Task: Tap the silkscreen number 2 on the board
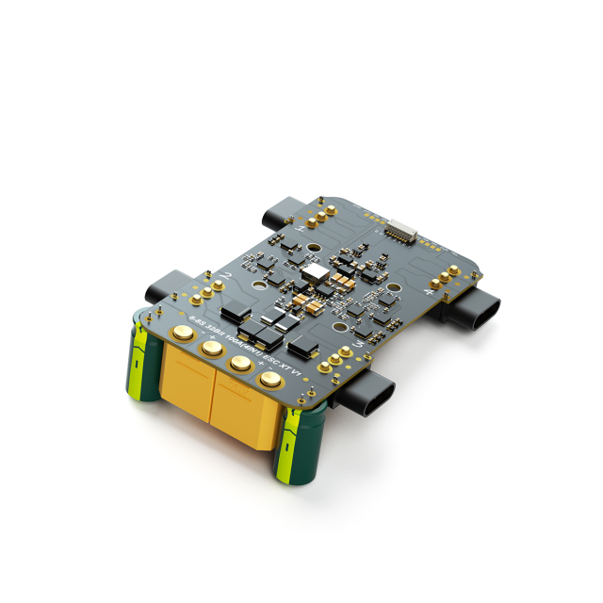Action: tap(224, 275)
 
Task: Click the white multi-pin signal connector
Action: tap(400, 229)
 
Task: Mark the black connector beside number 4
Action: tap(476, 308)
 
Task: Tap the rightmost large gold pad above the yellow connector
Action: tap(269, 379)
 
